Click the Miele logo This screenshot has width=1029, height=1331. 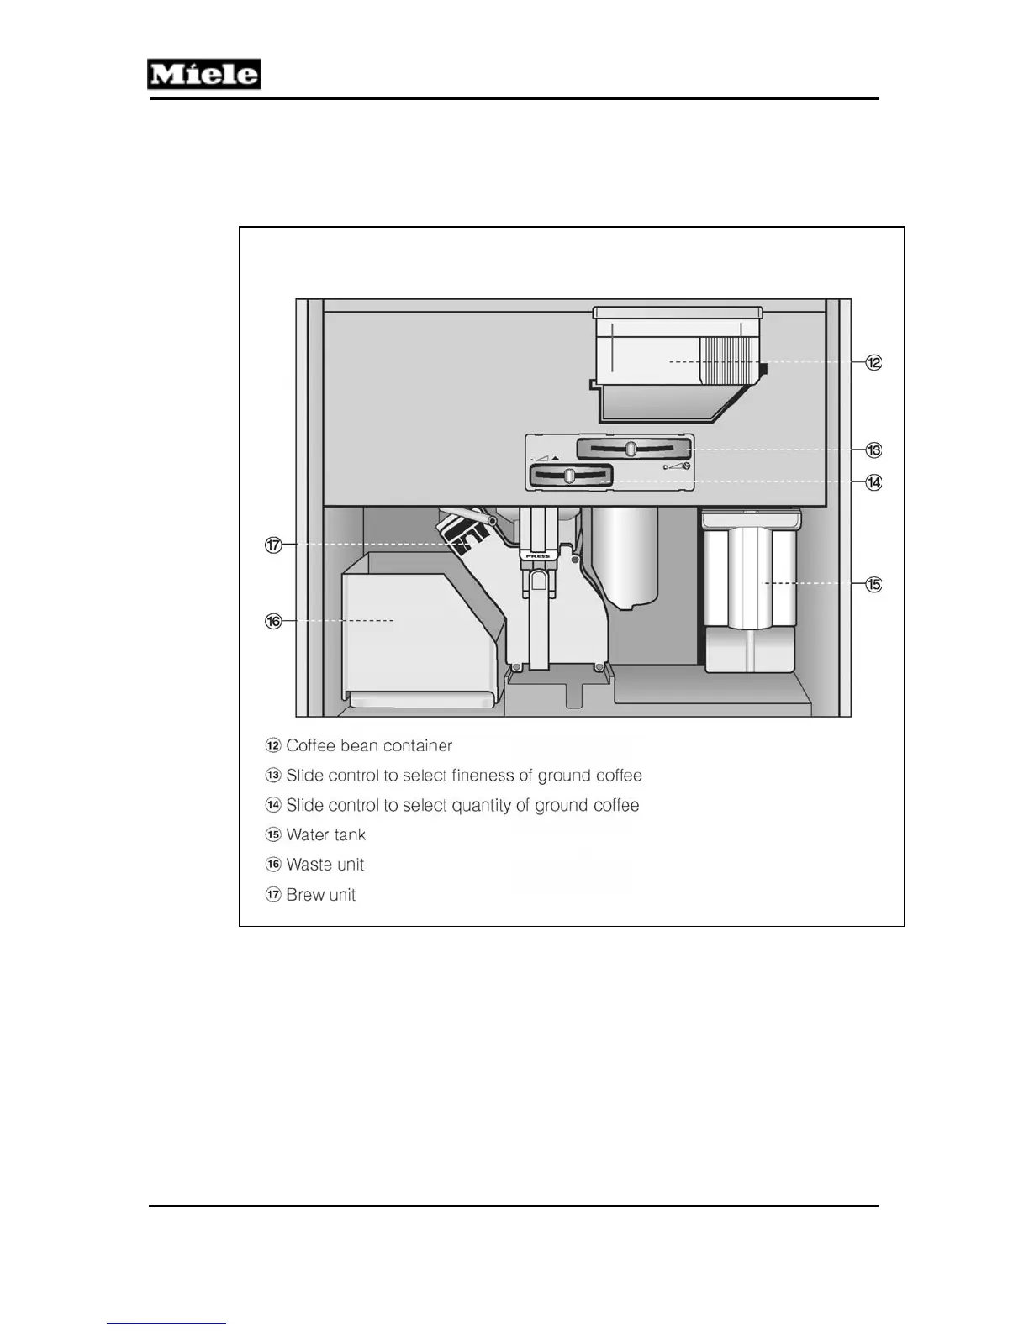(204, 74)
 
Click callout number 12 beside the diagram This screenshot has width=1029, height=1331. (874, 362)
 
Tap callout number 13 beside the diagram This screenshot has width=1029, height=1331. (874, 450)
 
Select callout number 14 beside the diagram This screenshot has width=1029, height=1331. (874, 482)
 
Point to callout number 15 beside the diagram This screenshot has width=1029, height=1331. (874, 584)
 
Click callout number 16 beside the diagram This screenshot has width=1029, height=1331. (273, 621)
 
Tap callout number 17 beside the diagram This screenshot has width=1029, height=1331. (273, 544)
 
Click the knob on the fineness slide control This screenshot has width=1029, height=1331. (631, 449)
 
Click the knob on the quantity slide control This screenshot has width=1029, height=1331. (568, 476)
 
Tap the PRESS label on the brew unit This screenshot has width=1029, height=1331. (537, 555)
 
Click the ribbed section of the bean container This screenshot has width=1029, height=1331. (728, 360)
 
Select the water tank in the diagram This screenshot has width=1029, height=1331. (750, 588)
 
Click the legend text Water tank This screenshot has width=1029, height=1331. (325, 834)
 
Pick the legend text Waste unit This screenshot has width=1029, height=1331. (325, 865)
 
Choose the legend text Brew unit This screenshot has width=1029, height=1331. (320, 894)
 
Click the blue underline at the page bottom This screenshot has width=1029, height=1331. (166, 1324)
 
